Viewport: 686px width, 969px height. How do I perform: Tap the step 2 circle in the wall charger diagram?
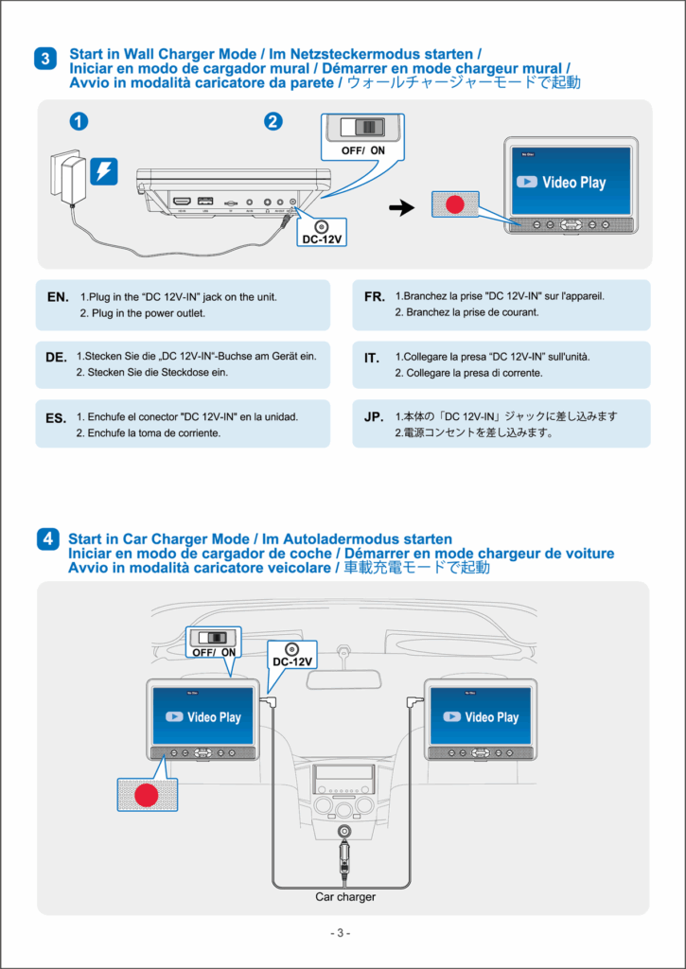coord(273,121)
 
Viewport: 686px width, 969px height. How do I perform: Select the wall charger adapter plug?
coord(69,177)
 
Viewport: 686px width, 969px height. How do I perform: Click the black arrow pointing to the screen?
coord(402,208)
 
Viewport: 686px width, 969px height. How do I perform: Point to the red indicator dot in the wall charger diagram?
coord(456,204)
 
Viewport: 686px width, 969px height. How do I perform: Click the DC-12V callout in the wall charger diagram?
coord(321,233)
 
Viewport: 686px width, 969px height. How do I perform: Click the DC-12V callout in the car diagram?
coord(292,655)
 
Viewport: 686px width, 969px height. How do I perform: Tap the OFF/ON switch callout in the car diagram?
coord(215,643)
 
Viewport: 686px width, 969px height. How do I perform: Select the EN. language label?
coord(58,297)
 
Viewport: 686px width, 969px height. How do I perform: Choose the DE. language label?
coord(56,358)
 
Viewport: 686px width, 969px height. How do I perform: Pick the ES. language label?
coord(56,417)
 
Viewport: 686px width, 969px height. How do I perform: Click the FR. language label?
coord(374,297)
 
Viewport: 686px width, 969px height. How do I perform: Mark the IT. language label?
coord(372,358)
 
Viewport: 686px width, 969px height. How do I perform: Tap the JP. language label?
coord(374,416)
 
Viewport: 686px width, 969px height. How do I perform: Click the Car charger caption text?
coord(345,896)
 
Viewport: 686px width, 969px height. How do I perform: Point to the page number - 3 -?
coord(342,934)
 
